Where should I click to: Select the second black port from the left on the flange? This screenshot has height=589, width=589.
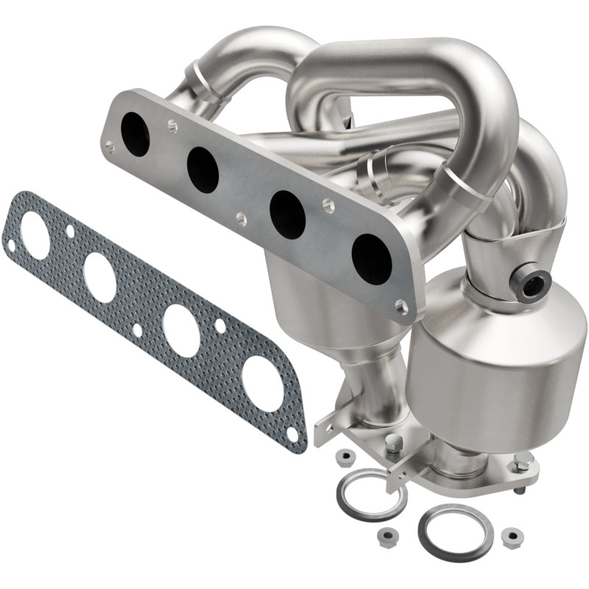(202, 169)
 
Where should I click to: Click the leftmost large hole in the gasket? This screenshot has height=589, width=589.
(35, 234)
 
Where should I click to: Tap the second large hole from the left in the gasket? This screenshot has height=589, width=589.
(99, 277)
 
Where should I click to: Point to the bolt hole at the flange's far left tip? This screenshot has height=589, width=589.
(110, 147)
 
